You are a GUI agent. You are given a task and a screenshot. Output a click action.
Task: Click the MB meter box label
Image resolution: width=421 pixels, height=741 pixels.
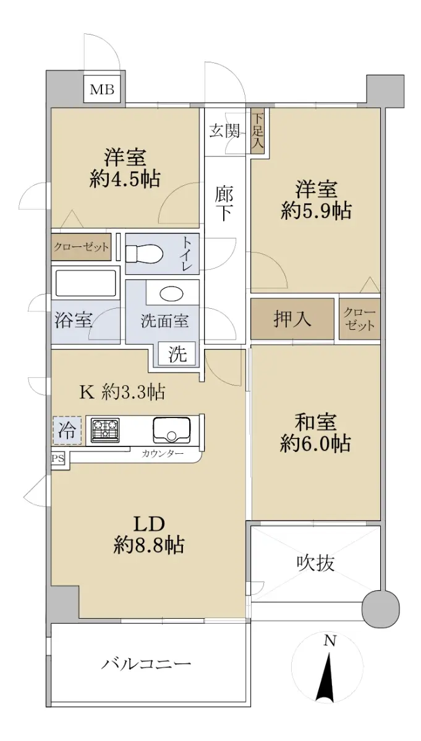(103, 90)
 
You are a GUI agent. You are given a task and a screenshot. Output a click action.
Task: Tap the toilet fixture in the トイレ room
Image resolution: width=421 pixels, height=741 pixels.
(145, 254)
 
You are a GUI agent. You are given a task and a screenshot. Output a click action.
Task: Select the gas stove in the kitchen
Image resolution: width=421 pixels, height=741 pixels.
(105, 430)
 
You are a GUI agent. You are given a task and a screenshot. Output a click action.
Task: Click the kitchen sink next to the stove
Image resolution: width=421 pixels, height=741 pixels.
(172, 430)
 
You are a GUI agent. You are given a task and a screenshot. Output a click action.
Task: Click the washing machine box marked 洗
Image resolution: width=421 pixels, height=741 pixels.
(177, 354)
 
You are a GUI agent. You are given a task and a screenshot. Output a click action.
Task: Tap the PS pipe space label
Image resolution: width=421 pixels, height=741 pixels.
(58, 459)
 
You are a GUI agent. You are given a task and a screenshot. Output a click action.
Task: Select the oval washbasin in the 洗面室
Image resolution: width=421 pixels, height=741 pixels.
(172, 294)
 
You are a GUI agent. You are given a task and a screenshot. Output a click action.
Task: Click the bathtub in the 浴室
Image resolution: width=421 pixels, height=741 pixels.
(86, 283)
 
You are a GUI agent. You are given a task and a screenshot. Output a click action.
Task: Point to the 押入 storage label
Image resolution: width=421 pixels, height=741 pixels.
(292, 319)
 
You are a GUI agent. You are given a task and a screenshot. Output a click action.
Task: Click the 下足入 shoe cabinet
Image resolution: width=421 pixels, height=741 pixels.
(257, 132)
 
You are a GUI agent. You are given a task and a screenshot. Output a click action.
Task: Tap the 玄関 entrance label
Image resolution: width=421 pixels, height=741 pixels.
(224, 131)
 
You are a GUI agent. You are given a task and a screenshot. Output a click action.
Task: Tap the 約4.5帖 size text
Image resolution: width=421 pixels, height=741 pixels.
(125, 179)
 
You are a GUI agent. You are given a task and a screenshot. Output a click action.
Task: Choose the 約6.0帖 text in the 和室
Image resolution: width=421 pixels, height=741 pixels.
(315, 443)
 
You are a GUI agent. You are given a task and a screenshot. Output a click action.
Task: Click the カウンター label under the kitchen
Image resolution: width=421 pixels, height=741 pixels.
(163, 453)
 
